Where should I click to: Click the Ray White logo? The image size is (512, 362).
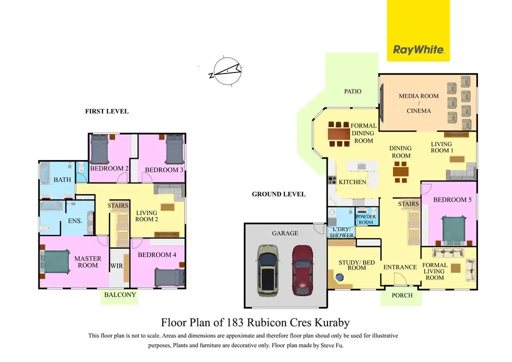(418, 49)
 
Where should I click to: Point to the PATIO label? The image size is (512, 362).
(352, 91)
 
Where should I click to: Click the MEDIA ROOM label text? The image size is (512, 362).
(418, 96)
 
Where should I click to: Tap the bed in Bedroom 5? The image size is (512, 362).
(455, 228)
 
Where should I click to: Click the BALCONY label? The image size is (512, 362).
(120, 295)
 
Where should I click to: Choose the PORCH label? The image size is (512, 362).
(402, 295)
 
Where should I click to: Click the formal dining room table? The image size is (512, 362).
(338, 134)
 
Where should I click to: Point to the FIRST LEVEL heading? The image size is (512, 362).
(106, 111)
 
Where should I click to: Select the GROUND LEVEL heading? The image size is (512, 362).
(278, 194)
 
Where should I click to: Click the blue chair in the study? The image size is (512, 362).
(340, 277)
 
